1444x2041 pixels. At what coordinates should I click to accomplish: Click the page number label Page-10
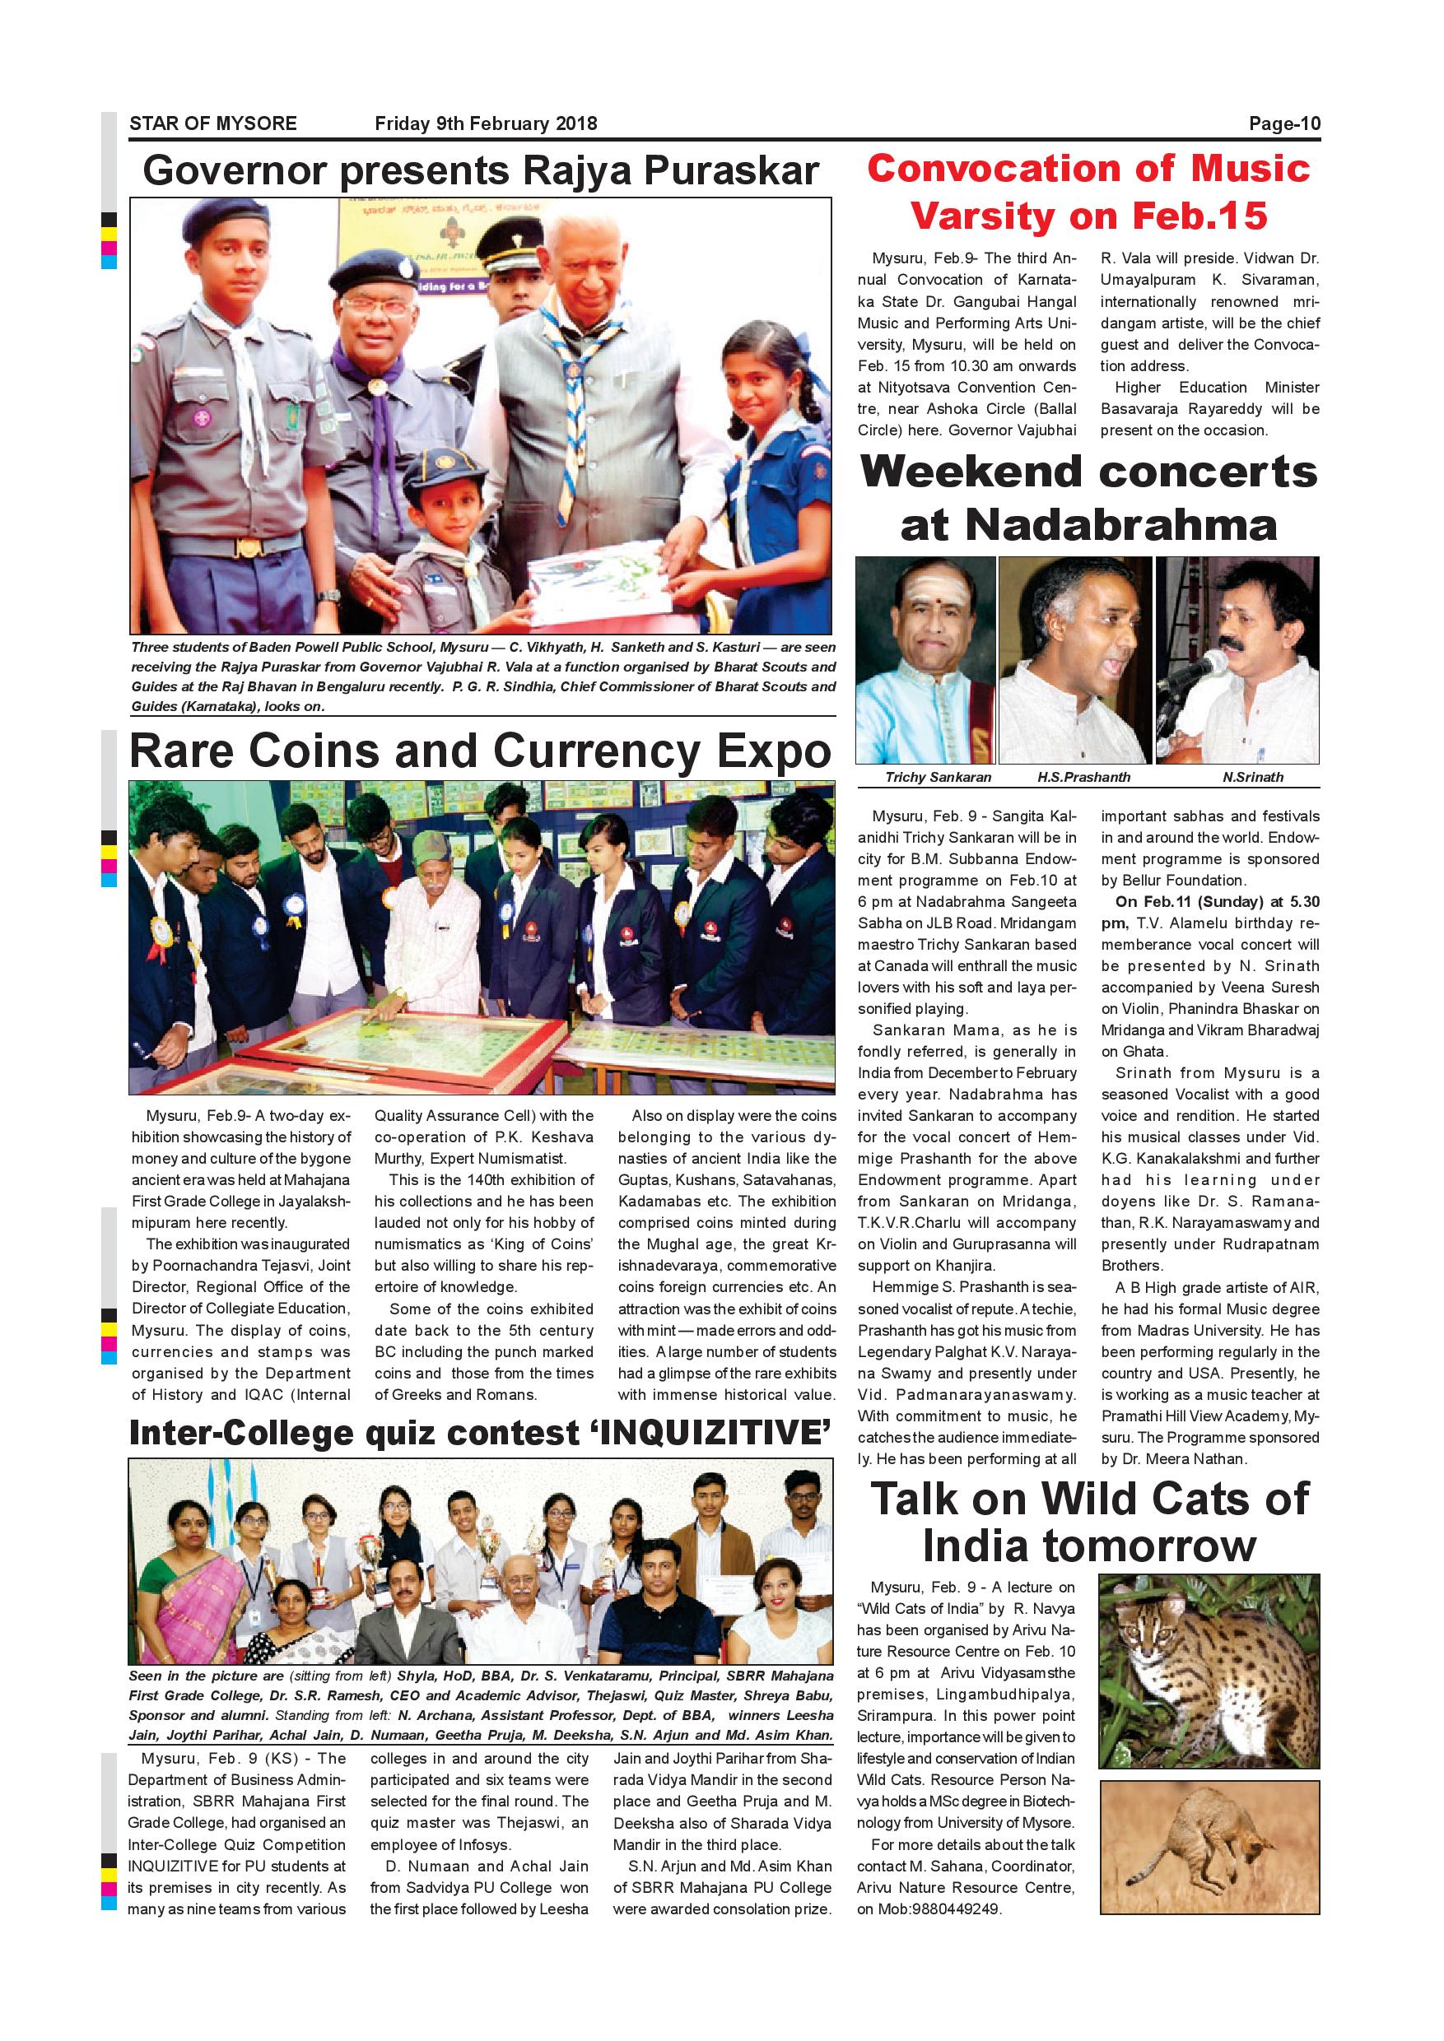click(1284, 123)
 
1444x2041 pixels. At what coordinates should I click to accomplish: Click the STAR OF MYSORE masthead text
click(213, 123)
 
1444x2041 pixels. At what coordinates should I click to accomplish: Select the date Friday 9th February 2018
click(486, 123)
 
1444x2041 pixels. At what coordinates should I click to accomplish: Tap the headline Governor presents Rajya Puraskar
click(480, 170)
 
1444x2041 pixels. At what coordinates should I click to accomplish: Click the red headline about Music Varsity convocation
click(1088, 192)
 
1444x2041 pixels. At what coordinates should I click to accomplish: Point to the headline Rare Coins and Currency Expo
click(480, 751)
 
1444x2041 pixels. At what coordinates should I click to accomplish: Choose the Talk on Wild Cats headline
click(1088, 1522)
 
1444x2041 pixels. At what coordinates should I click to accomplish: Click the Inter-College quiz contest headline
click(480, 1432)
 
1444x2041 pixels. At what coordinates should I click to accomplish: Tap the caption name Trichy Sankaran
click(938, 777)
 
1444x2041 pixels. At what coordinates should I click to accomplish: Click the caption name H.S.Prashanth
click(1083, 777)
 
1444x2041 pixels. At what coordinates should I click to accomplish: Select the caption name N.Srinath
click(1253, 777)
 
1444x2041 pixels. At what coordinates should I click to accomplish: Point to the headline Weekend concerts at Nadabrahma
click(1088, 498)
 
